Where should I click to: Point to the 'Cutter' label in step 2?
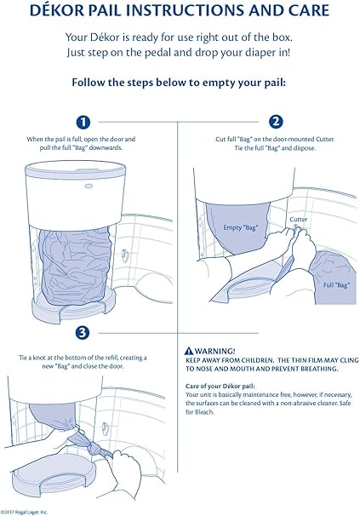coord(299,220)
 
